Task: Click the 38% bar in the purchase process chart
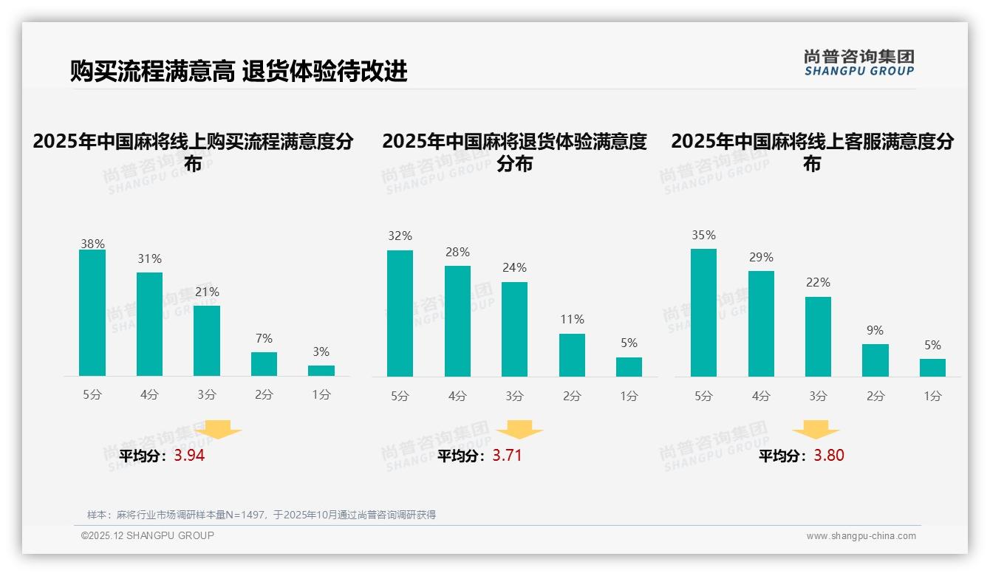[x=92, y=312]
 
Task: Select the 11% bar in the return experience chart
[x=572, y=355]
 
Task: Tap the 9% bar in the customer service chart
[x=875, y=360]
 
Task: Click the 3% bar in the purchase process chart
[x=321, y=371]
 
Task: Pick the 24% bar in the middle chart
[x=514, y=329]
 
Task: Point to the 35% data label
[x=703, y=235]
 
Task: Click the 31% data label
[x=149, y=258]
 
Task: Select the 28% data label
[x=457, y=252]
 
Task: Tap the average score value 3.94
[x=189, y=456]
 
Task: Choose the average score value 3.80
[x=829, y=456]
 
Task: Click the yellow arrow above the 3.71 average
[x=519, y=430]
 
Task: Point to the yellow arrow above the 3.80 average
[x=816, y=430]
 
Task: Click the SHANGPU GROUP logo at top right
[x=858, y=63]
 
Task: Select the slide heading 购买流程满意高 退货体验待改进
[x=239, y=71]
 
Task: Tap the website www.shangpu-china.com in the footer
[x=861, y=536]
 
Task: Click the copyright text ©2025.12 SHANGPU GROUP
[x=148, y=535]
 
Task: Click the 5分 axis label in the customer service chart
[x=703, y=396]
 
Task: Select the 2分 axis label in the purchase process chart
[x=264, y=394]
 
